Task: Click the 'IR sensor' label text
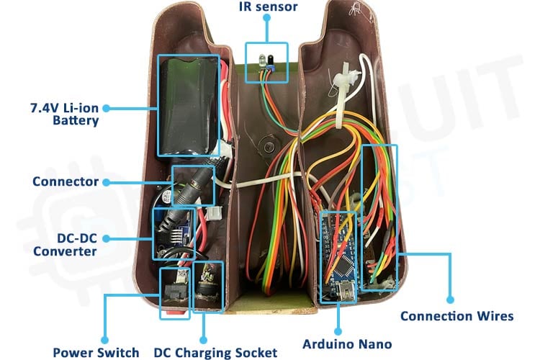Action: [267, 7]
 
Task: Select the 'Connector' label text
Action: [65, 181]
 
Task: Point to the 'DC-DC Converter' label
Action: [64, 244]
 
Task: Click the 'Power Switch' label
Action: [96, 353]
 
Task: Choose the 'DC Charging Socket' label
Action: [215, 353]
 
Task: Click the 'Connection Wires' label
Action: [456, 315]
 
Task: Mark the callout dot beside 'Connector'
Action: [106, 181]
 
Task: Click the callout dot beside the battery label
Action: [106, 108]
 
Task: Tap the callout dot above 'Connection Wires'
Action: [450, 298]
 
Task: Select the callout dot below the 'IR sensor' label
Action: [266, 22]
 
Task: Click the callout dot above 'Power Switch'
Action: [105, 338]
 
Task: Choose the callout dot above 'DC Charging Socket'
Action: [204, 338]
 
